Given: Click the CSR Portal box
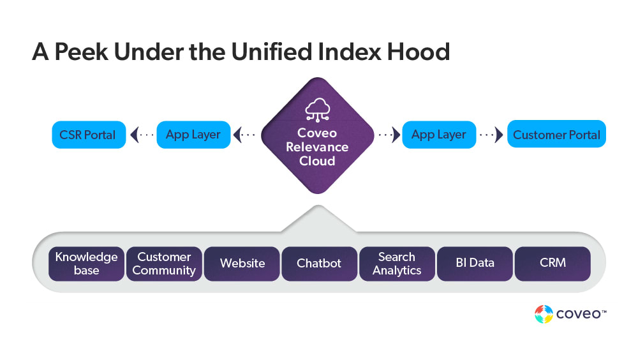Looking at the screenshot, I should click(88, 135).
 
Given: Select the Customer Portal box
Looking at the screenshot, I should click(556, 135).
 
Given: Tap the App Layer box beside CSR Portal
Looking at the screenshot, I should click(193, 135).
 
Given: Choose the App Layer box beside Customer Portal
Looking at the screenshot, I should click(439, 135).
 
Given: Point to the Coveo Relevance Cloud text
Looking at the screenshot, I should click(317, 147).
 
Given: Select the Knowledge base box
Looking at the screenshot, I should click(86, 264).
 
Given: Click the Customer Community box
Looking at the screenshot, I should click(164, 264).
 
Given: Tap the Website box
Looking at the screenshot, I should click(242, 264).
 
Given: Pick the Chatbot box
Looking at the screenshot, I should click(319, 264).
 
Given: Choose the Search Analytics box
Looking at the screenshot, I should click(397, 264).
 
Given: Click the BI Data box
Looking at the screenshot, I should click(475, 264).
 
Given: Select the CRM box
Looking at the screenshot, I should click(553, 264).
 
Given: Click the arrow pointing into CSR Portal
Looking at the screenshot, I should click(135, 135).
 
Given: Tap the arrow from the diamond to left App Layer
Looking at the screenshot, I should click(237, 135).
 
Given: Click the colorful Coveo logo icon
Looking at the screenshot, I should click(544, 314).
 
